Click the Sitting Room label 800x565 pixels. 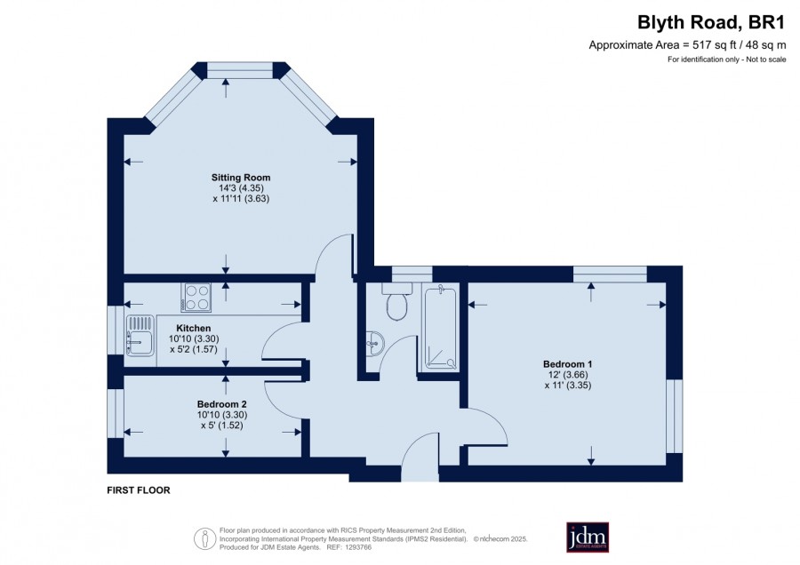241,178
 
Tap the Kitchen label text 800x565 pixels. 194,328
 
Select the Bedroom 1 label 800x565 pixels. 567,364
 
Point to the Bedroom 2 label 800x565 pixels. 222,404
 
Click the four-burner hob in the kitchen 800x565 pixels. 196,297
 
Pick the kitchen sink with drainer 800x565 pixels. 140,335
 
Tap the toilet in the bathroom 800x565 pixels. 396,301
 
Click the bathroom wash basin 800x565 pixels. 374,342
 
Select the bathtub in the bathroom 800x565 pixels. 441,327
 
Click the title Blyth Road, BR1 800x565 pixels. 711,22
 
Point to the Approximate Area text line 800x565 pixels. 687,45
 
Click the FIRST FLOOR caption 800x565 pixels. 139,490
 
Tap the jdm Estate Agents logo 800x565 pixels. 588,537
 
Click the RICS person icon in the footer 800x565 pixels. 205,538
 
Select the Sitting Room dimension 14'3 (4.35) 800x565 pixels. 241,188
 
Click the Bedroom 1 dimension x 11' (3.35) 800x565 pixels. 568,386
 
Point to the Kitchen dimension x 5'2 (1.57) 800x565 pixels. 194,349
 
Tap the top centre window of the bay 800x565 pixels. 241,70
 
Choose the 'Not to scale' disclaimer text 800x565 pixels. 766,60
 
